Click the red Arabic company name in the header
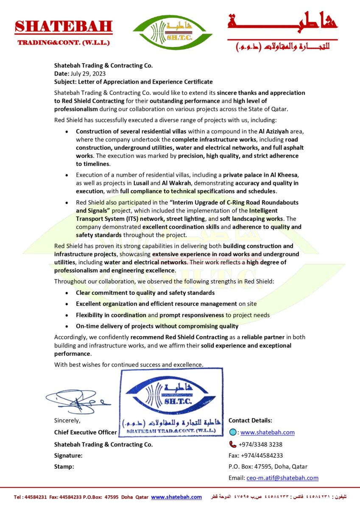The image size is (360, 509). pos(282,23)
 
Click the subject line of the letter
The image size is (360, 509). pos(133,81)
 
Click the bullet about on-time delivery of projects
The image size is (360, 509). pos(157,326)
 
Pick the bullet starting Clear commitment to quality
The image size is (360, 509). pos(145,293)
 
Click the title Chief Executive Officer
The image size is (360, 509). pos(85,432)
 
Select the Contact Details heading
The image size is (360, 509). pos(250,420)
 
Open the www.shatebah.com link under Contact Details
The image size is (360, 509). pos(268,432)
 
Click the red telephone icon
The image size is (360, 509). pos(232,444)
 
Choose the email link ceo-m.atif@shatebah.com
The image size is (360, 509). pos(282,478)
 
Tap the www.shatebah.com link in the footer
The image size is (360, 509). pos(176,497)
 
